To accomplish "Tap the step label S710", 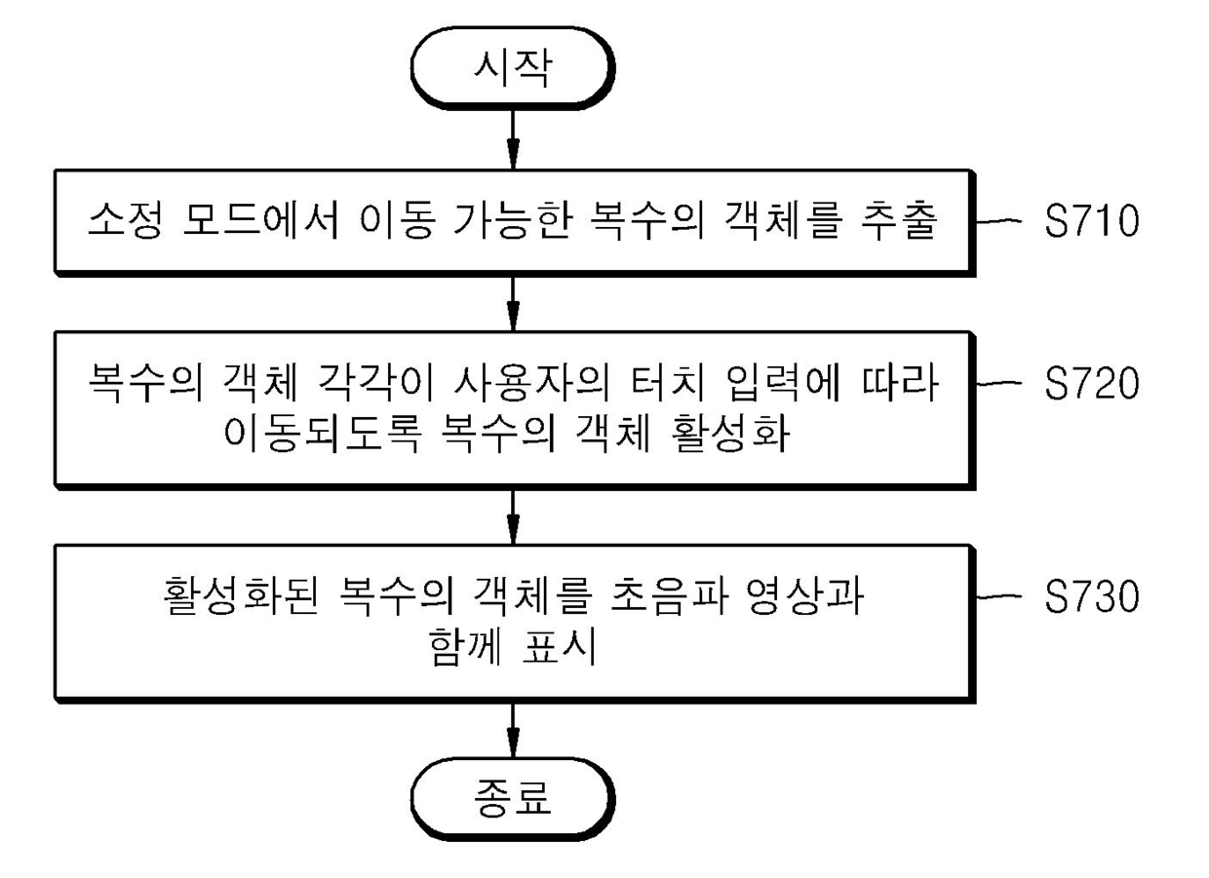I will pyautogui.click(x=1090, y=222).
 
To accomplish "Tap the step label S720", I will pyautogui.click(x=1090, y=384).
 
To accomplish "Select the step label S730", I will pyautogui.click(x=1090, y=597).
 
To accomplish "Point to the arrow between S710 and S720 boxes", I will pyautogui.click(x=512, y=303).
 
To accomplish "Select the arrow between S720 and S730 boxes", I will pyautogui.click(x=512, y=515).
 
